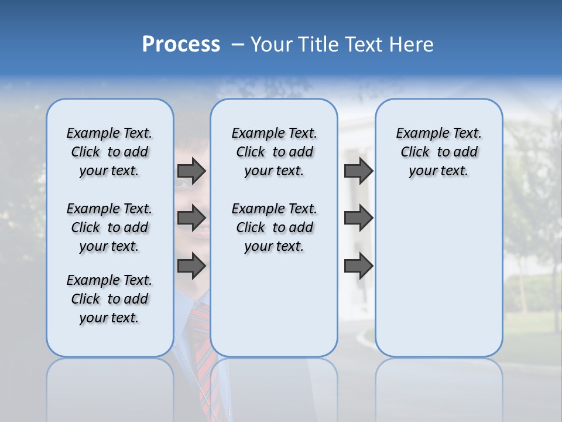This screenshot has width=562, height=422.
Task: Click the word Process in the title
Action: tap(181, 45)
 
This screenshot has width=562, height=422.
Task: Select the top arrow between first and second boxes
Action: tap(191, 171)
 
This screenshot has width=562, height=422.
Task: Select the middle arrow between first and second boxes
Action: tap(191, 218)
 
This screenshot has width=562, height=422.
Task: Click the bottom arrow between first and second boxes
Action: tap(191, 266)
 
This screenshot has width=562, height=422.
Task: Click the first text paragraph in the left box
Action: tap(109, 152)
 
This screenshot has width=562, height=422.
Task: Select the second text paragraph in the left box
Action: tap(109, 227)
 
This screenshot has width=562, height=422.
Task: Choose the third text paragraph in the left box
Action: tap(109, 299)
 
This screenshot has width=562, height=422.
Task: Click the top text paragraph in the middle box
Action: tap(274, 152)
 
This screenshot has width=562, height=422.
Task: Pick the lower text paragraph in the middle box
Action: tap(274, 227)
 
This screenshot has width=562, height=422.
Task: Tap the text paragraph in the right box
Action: tap(439, 152)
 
